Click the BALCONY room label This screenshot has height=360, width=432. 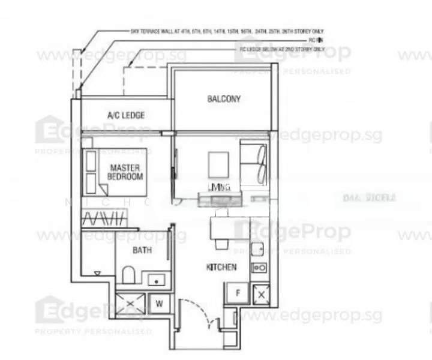[x=223, y=99]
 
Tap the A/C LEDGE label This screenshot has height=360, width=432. [x=126, y=115]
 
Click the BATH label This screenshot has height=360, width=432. [x=142, y=250]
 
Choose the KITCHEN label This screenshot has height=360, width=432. [x=222, y=267]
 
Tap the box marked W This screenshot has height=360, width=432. [x=160, y=304]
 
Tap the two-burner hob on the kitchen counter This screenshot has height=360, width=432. [x=260, y=268]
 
